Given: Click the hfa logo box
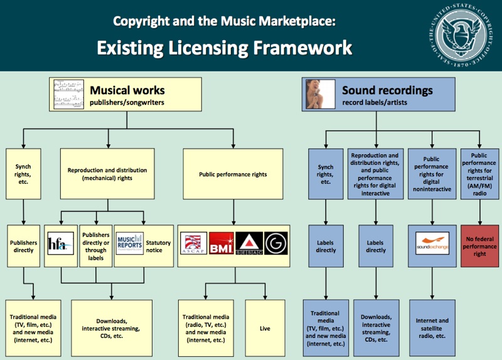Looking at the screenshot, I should coord(61,245).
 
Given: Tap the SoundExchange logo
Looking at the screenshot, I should coord(432,241).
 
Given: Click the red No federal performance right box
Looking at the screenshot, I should coord(479,246).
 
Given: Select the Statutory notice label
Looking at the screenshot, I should coord(154,246).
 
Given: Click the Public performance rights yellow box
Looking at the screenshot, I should coord(232,174).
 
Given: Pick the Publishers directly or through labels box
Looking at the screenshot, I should coord(95,246).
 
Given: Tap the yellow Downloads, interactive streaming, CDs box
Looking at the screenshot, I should coord(111,327).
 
